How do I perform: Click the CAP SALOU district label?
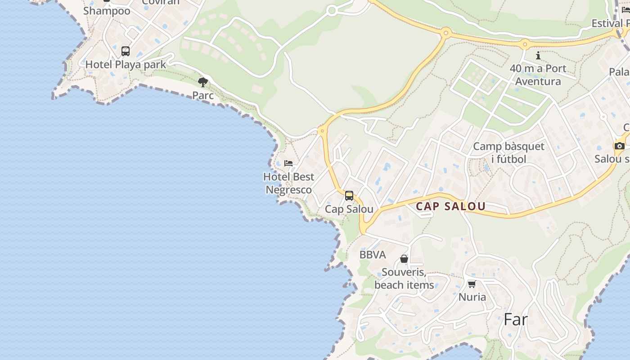450,206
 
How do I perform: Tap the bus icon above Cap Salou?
349,196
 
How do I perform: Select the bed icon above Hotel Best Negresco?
288,163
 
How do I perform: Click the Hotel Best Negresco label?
289,183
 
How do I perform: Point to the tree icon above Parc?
203,82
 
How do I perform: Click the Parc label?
203,95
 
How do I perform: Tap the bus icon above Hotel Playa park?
126,51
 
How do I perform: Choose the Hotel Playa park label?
126,64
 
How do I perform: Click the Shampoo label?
107,11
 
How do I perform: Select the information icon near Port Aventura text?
538,55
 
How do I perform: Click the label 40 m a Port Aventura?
538,75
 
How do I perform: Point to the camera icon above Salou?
620,146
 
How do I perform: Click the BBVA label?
373,255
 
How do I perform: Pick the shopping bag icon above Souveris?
404,259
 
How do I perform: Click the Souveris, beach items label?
404,279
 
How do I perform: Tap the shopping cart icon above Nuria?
472,284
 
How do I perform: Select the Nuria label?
472,297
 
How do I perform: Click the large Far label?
515,319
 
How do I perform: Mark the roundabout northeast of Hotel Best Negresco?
322,131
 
